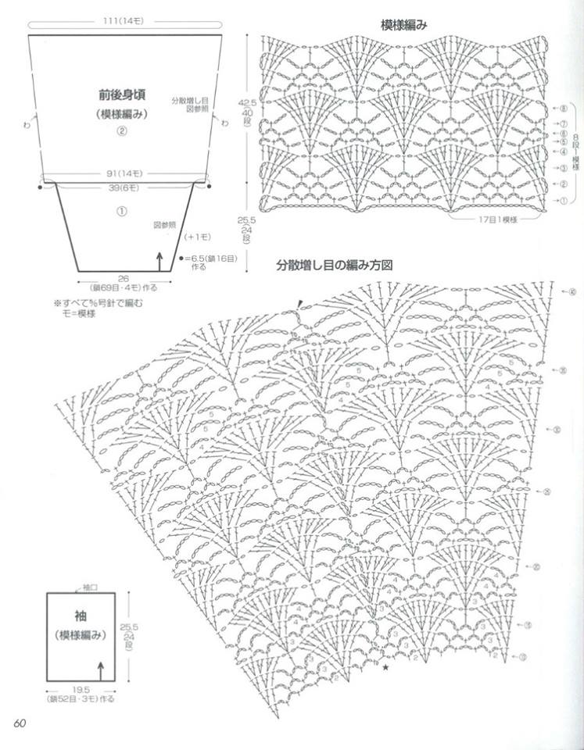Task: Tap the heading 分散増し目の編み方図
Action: click(334, 266)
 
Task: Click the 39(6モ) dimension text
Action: click(125, 188)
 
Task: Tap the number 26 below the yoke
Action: click(124, 278)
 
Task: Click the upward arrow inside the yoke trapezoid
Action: click(159, 260)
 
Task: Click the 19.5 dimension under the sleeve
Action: click(81, 691)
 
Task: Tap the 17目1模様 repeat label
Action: click(499, 220)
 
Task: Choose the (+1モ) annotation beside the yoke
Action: click(195, 236)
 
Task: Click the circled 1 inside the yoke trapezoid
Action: click(122, 210)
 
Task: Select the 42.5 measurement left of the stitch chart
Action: click(248, 102)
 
